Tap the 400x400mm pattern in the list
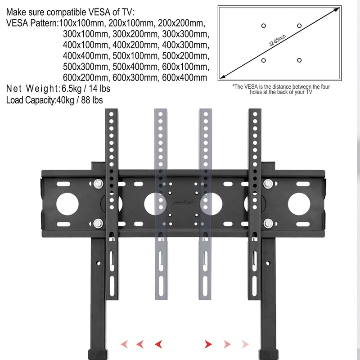85,56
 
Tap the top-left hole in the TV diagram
263,26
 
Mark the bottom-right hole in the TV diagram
299,60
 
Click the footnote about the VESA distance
281,89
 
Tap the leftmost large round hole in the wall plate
67,203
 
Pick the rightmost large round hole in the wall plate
299,203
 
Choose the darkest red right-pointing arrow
208,345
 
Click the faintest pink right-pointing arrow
244,345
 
